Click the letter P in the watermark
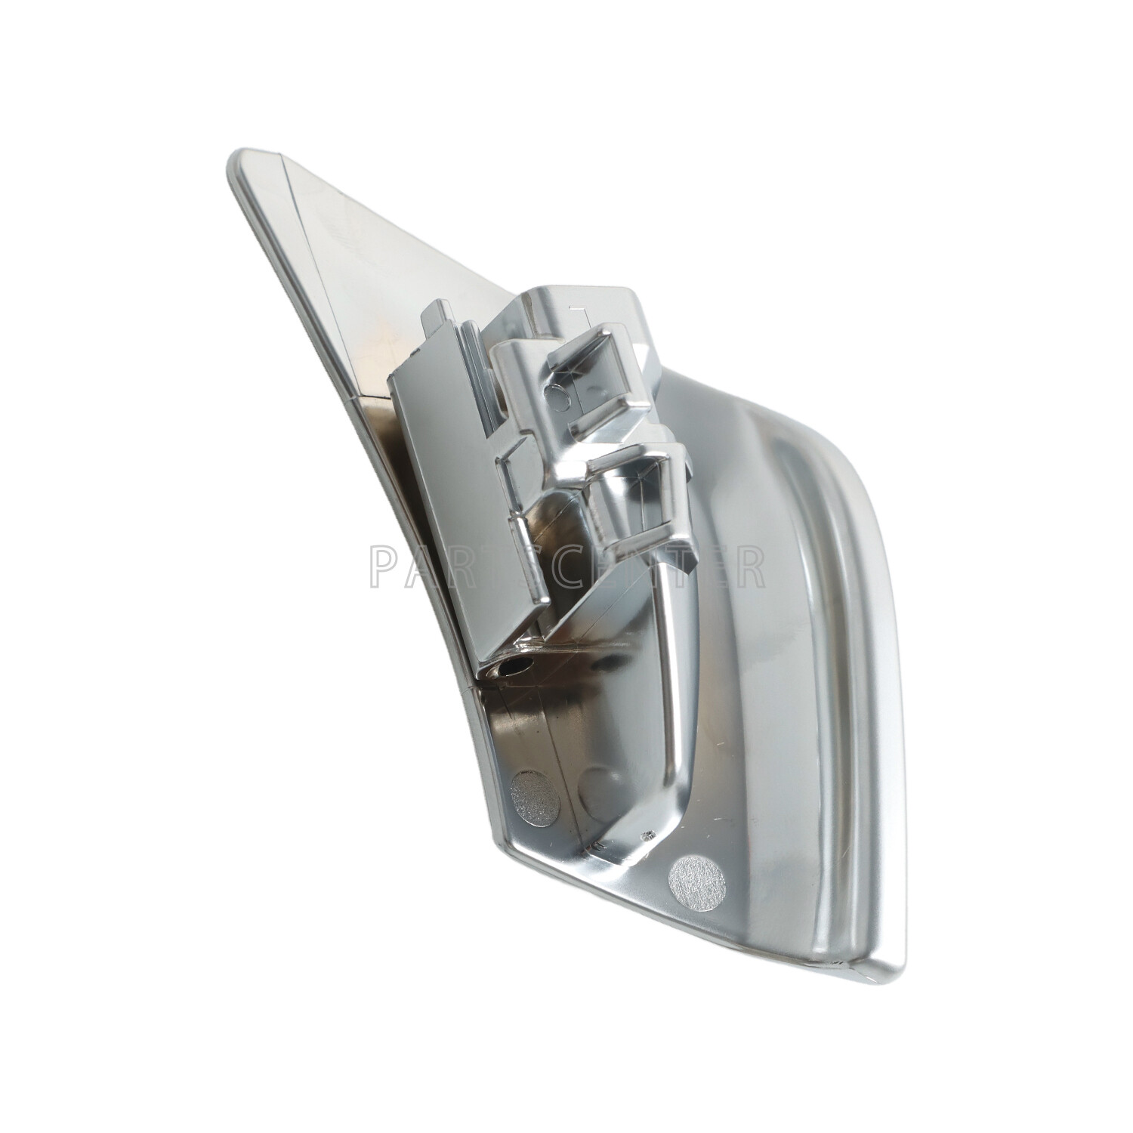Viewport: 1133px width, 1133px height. pos(385,566)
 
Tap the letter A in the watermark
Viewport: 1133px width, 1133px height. pos(429,566)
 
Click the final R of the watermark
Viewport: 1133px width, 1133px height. pos(749,566)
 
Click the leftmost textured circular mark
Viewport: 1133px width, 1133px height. pos(533,795)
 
